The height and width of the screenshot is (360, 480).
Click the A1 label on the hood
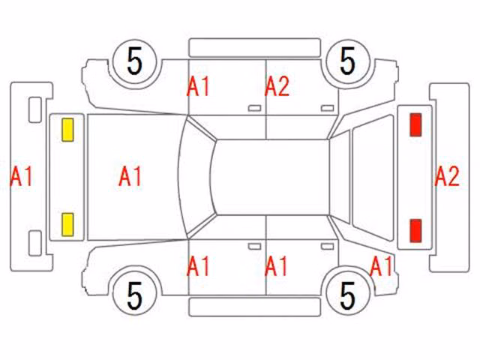[x=130, y=176]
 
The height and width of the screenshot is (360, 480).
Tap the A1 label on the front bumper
[x=22, y=176]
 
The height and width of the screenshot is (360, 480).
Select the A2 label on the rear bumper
[x=447, y=176]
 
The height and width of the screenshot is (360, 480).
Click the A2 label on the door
[x=277, y=87]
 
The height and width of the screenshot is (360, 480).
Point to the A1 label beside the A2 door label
[x=198, y=87]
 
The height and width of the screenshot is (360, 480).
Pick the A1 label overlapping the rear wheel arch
[x=381, y=266]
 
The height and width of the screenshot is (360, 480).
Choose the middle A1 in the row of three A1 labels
[x=276, y=266]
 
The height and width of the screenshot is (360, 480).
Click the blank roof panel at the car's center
[x=271, y=177]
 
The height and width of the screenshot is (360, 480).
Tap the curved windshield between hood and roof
[x=196, y=177]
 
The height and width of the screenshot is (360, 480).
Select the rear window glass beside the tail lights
[x=373, y=178]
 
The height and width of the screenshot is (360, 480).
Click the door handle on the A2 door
[x=327, y=108]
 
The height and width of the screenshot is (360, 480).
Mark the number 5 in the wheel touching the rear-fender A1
[x=348, y=295]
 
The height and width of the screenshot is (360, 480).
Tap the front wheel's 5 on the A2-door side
[x=135, y=61]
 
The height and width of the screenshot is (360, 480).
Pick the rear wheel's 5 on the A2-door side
[x=348, y=61]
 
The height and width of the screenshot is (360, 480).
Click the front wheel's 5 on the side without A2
[x=135, y=295]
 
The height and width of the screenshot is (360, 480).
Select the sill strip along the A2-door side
[x=255, y=48]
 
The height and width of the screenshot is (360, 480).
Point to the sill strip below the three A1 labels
[x=255, y=307]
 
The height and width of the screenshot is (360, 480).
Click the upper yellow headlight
[x=67, y=130]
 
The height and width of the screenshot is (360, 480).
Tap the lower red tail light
[x=415, y=230]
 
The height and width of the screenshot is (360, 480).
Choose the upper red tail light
[x=415, y=124]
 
